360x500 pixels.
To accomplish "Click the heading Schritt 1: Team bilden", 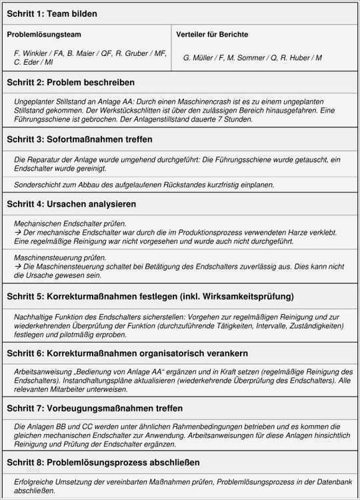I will point(51,13).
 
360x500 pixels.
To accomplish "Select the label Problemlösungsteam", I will point(45,34).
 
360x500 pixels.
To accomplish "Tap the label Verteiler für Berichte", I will point(212,34).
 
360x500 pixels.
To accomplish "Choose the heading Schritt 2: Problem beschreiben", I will point(71,83).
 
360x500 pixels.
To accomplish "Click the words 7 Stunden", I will point(237,119).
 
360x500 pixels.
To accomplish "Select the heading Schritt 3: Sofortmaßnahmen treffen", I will point(79,139).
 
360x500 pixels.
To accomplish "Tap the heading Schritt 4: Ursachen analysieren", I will point(71,204).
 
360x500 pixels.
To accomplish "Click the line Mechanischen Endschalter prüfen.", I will point(70,223).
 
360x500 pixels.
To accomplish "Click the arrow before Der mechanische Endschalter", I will point(17,232).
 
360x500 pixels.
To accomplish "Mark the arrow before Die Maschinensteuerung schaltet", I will point(17,266).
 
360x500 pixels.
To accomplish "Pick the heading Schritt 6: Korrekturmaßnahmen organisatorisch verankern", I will point(127,353).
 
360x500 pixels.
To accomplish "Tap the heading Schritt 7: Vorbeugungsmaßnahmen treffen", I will point(95,407).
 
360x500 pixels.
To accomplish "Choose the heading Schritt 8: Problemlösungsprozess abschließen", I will point(103,462).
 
